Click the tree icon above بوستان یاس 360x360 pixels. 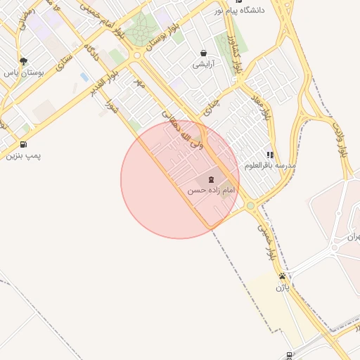[24, 61]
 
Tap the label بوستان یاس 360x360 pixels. [24, 72]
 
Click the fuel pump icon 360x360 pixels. [24, 143]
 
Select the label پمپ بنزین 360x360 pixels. [20, 155]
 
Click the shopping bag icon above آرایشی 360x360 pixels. [203, 53]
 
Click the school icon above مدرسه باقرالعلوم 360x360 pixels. [270, 154]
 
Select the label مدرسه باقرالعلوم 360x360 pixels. [271, 165]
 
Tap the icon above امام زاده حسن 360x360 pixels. [212, 179]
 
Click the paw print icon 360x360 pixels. [282, 276]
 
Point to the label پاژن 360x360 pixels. [282, 287]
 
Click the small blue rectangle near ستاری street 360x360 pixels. [84, 77]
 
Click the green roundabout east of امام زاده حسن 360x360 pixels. [250, 206]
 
